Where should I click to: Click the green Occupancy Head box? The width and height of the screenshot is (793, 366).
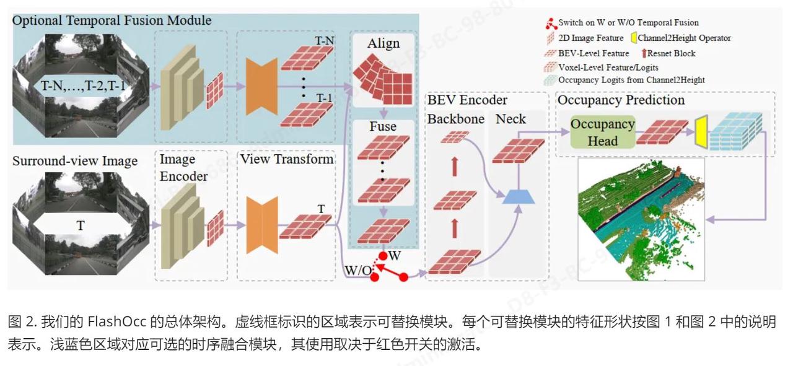click(602, 132)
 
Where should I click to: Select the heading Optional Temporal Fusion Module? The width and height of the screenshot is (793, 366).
click(112, 20)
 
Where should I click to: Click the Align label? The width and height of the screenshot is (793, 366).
click(383, 43)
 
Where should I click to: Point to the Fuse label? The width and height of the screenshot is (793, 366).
click(383, 127)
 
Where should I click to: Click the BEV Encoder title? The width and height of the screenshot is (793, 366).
click(467, 100)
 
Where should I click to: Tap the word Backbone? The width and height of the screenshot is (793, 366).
click(456, 119)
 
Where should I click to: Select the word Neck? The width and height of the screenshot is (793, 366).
click(511, 119)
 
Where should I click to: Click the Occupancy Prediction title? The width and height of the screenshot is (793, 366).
click(621, 100)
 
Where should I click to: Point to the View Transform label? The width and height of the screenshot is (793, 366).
click(286, 159)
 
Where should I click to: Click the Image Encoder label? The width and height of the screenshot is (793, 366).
click(183, 167)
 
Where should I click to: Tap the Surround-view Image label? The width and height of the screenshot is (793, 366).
click(75, 161)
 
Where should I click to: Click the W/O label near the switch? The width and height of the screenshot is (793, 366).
click(357, 271)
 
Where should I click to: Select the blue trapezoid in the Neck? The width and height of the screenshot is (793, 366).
click(519, 196)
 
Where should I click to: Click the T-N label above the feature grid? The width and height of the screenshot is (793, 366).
click(325, 41)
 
